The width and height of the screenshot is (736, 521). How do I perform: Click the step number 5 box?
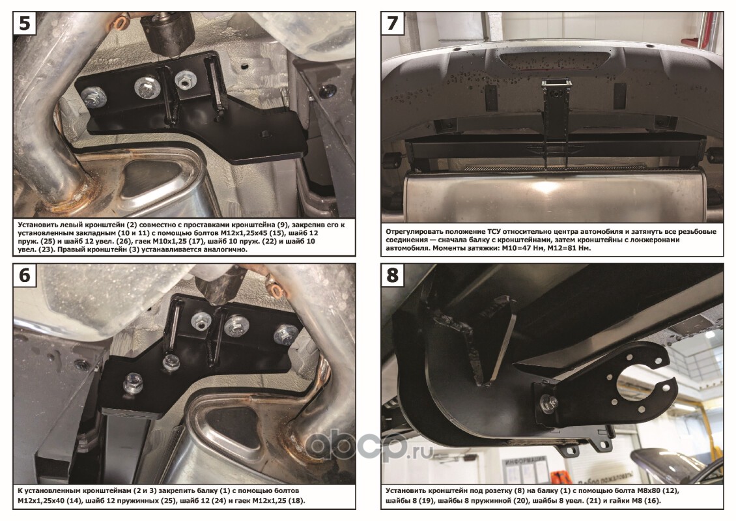(x=24, y=23)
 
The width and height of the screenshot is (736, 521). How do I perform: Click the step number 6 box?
(x=24, y=275)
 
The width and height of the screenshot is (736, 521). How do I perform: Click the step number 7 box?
(x=392, y=23)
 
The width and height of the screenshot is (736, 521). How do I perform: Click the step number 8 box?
(x=392, y=275)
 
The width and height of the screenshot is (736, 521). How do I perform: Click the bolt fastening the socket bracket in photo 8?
(x=547, y=402)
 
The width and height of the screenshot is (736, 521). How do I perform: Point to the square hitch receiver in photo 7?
(x=556, y=86)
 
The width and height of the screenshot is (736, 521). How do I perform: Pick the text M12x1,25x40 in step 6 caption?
(x=42, y=500)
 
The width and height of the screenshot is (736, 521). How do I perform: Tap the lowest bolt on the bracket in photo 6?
(x=134, y=382)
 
